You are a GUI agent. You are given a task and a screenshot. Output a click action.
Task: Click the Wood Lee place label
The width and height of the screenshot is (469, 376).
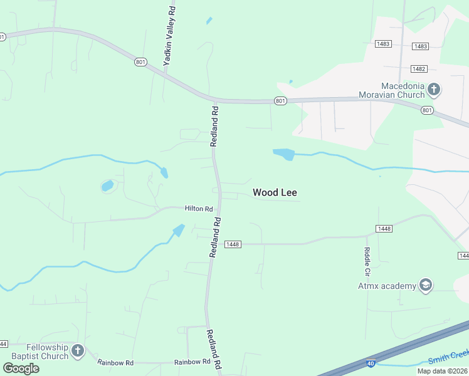click(x=275, y=192)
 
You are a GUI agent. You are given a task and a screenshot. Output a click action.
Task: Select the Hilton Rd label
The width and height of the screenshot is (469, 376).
click(x=199, y=209)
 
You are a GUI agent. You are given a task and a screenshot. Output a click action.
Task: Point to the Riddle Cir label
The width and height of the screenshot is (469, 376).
click(x=367, y=261)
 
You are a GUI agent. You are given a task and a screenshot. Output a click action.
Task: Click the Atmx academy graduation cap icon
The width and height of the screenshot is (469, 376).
click(x=426, y=286)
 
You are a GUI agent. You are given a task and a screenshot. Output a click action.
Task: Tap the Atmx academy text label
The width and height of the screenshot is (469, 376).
click(x=387, y=286)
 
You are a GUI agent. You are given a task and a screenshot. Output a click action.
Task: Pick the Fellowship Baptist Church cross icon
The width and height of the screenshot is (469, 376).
click(x=77, y=351)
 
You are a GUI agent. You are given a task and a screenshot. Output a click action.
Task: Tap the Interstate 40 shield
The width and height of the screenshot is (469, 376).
click(x=371, y=363)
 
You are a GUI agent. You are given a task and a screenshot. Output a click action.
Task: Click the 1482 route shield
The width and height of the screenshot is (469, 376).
click(x=419, y=68)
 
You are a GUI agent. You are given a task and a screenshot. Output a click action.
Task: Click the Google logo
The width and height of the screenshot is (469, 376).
click(x=21, y=368)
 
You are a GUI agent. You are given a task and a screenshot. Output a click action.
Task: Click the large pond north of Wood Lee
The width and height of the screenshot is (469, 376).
click(x=283, y=154)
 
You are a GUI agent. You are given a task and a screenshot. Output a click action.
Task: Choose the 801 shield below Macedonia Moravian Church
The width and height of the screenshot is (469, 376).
click(x=427, y=110)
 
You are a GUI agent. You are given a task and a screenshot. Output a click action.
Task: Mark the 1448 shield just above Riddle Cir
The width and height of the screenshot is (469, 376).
click(x=384, y=229)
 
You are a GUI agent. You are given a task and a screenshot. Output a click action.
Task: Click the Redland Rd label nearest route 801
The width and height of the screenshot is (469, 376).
click(x=214, y=125)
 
